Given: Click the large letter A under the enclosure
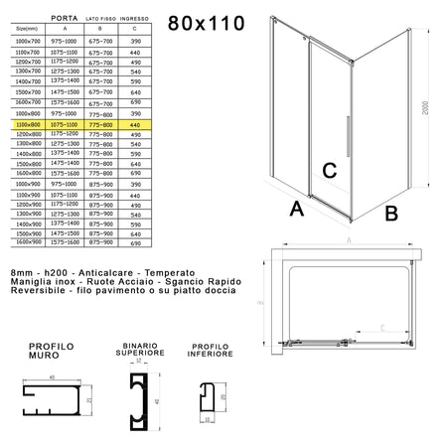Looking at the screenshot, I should click(x=295, y=210).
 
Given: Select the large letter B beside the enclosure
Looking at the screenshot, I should click(x=391, y=212).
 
